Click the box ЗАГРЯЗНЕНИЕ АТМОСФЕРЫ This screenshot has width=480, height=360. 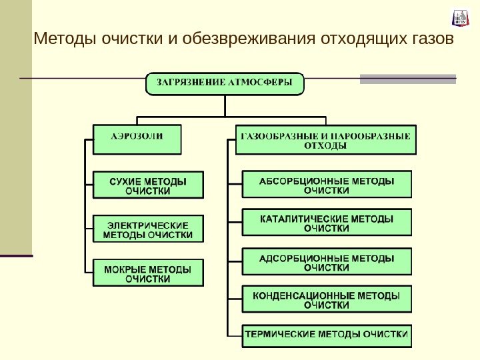coord(225,84)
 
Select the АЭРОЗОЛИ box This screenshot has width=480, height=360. coord(137,139)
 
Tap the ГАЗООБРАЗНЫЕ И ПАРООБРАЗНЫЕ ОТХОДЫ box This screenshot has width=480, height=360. coord(325,140)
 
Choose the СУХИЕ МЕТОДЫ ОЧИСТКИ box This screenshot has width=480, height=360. coord(147,185)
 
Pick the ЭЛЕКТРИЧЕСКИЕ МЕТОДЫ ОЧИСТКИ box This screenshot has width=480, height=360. coord(147,229)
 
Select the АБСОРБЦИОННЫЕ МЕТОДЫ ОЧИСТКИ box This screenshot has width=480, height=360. coord(326,185)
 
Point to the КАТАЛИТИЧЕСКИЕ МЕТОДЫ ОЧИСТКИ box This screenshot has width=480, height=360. coord(326,223)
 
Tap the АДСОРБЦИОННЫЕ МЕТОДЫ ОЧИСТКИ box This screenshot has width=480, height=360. coord(326,261)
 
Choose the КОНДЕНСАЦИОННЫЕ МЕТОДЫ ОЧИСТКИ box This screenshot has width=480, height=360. coord(326,299)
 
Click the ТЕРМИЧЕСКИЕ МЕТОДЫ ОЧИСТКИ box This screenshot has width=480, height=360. coord(326,335)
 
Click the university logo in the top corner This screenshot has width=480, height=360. coord(461,18)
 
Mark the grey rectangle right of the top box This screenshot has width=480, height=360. coord(408,79)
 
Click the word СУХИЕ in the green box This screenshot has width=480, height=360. coord(125,180)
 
